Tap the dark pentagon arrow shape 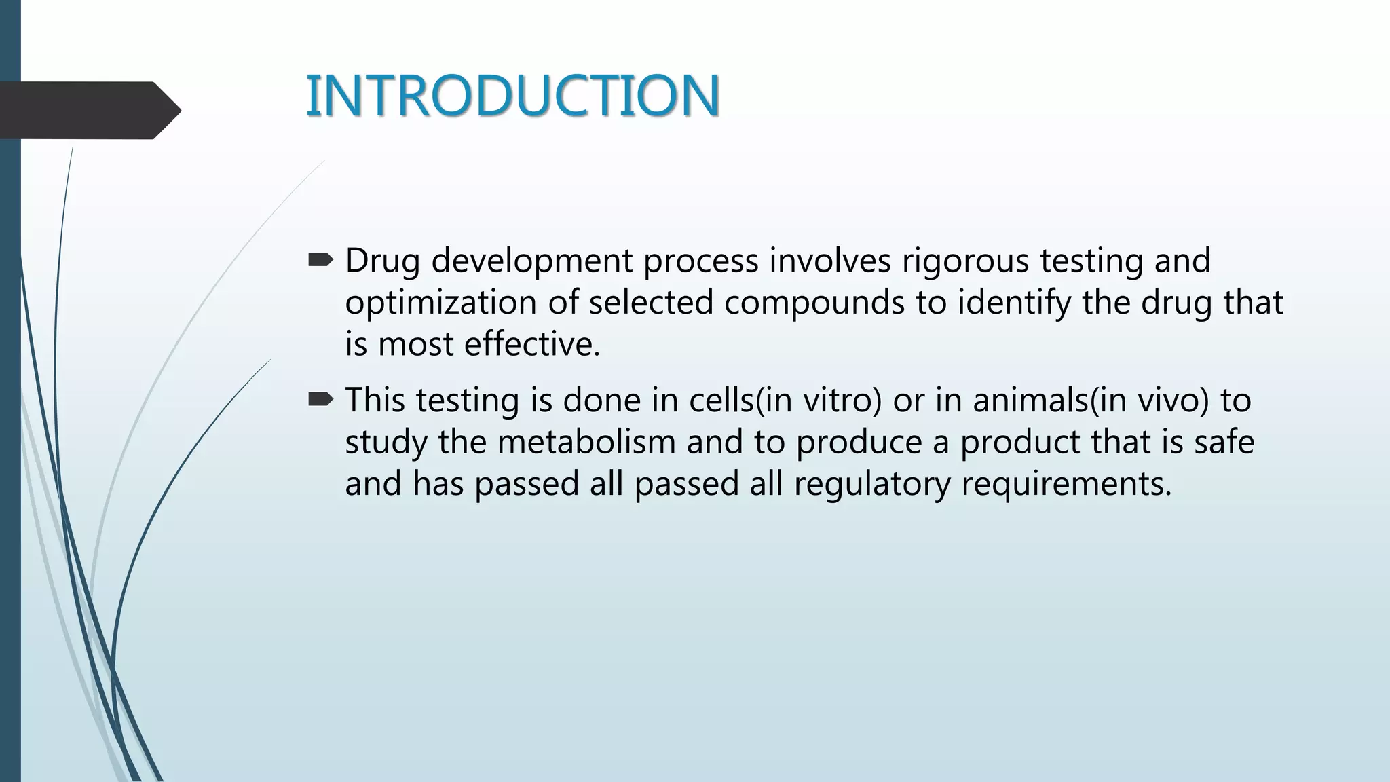click(88, 111)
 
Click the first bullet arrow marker click(320, 259)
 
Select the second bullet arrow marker click(320, 400)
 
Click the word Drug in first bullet click(383, 261)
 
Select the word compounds click(814, 303)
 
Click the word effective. click(532, 344)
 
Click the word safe click(1224, 442)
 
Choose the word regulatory click(872, 485)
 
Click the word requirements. click(1066, 485)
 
